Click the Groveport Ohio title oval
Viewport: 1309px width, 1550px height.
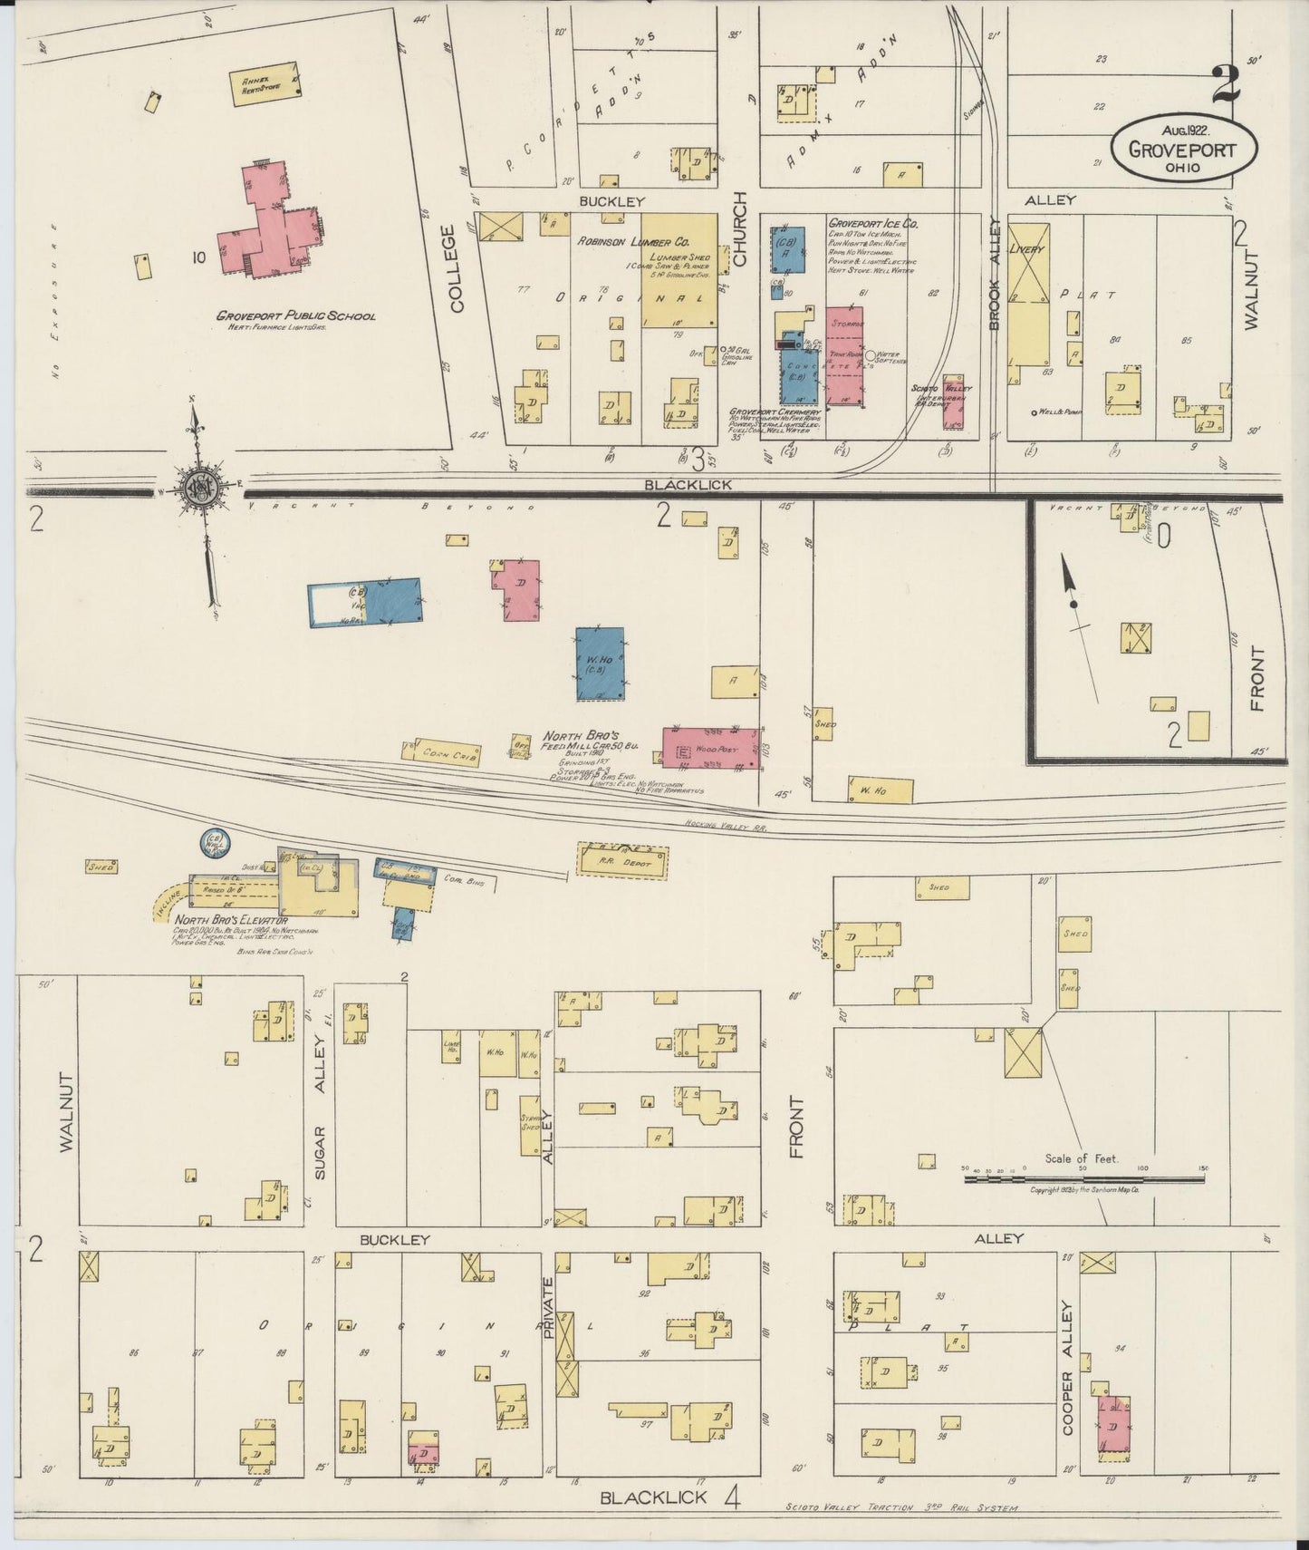(x=1184, y=148)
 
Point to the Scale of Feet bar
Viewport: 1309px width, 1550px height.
(x=1083, y=1179)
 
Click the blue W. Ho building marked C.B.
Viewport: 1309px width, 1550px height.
(x=600, y=663)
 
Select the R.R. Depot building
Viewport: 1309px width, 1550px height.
(x=622, y=860)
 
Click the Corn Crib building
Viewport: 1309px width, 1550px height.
(x=441, y=752)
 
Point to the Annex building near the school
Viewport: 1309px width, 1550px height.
(x=265, y=85)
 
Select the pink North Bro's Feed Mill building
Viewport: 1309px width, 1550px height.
(x=709, y=748)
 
